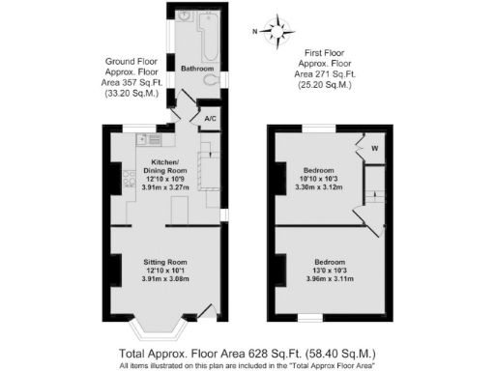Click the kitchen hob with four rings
click(x=127, y=177)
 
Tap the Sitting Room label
click(x=164, y=262)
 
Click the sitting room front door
click(x=206, y=311)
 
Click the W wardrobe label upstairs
click(x=372, y=148)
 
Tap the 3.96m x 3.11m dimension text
click(x=328, y=279)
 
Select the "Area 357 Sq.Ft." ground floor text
click(x=135, y=84)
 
